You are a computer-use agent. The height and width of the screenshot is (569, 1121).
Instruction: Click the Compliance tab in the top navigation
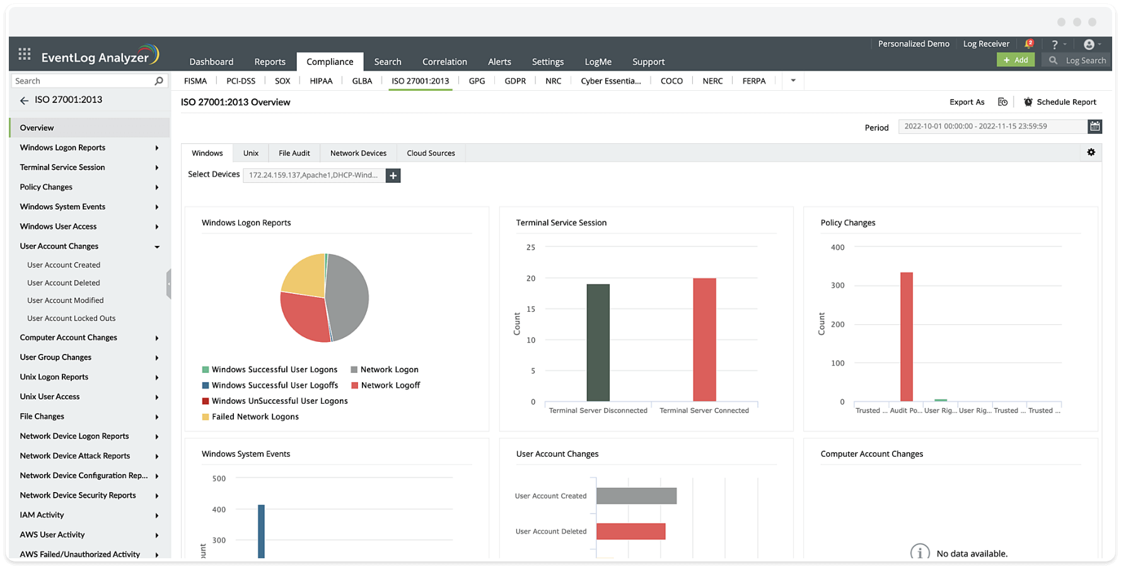pos(330,62)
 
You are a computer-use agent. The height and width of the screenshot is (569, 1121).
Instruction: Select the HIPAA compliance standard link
pos(321,81)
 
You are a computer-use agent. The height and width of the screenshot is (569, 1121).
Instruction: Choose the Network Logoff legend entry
pos(390,385)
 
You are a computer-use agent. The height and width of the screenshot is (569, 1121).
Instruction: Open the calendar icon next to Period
pos(1095,127)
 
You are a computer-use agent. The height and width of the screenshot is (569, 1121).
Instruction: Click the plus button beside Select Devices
pos(393,175)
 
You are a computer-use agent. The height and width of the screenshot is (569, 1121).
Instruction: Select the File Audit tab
pos(294,153)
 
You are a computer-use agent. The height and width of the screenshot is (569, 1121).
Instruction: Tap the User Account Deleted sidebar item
pos(64,283)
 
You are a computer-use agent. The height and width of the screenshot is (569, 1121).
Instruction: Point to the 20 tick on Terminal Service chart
pos(531,278)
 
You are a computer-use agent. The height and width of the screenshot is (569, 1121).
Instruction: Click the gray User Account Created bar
pos(636,496)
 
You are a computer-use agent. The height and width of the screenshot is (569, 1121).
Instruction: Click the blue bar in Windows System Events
pos(261,531)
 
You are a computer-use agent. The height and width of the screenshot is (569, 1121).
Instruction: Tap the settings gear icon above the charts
pos(1091,152)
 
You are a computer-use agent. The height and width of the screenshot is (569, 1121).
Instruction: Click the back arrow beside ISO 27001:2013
pos(25,100)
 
